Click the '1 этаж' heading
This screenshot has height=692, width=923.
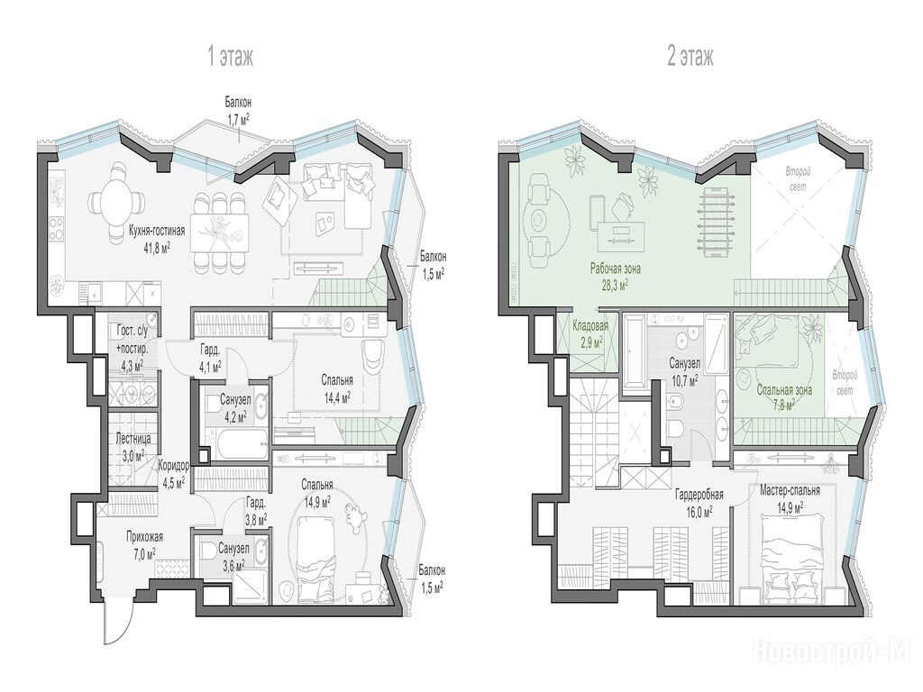click(230, 58)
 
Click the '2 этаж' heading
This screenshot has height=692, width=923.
click(690, 58)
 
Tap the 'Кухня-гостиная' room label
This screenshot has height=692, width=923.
click(157, 231)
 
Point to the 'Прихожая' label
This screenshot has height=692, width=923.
click(144, 537)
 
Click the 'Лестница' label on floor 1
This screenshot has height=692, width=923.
click(133, 439)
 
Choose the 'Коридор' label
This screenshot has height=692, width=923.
click(174, 466)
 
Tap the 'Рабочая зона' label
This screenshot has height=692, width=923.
click(616, 269)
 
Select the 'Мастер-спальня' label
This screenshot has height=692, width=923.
click(790, 490)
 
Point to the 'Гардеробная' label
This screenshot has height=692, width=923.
click(699, 495)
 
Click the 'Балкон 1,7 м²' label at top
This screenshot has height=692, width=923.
click(238, 109)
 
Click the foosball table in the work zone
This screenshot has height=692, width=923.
click(714, 217)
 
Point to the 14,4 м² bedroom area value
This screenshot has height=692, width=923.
click(336, 396)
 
